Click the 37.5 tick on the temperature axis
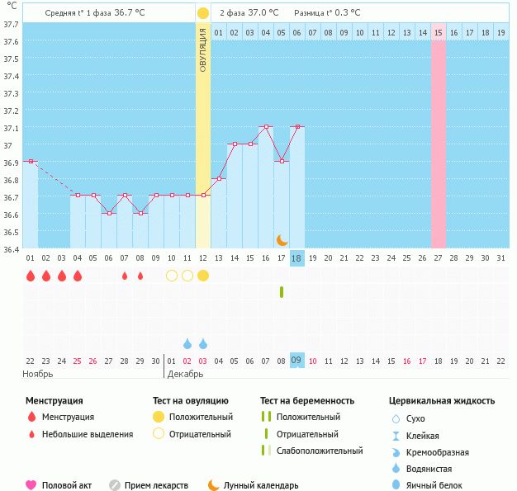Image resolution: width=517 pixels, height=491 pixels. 11,59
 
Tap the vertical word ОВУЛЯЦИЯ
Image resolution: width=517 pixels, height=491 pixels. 203,49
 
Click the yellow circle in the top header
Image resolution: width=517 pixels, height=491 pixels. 203,13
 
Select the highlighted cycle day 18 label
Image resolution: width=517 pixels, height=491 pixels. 297,258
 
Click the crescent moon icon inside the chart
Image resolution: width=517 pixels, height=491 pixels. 282,239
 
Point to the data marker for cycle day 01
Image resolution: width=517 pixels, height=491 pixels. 31,161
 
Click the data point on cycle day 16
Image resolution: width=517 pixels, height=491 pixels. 266,127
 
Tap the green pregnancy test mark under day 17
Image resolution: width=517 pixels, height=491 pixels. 282,292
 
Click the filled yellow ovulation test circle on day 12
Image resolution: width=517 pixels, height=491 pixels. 203,276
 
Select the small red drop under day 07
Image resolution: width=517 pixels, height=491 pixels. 125,276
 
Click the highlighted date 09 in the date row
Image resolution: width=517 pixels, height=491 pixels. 297,360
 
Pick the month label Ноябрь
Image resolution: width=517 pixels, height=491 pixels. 38,373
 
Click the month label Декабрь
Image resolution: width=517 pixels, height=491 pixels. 186,373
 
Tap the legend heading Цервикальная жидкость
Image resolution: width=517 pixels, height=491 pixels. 442,400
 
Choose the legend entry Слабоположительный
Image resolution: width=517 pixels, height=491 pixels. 320,451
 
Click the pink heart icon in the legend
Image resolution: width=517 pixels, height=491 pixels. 31,485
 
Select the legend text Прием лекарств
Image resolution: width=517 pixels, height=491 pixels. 156,485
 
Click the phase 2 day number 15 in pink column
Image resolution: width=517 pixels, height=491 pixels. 439,32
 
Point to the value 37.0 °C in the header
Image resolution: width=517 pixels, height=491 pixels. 263,13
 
